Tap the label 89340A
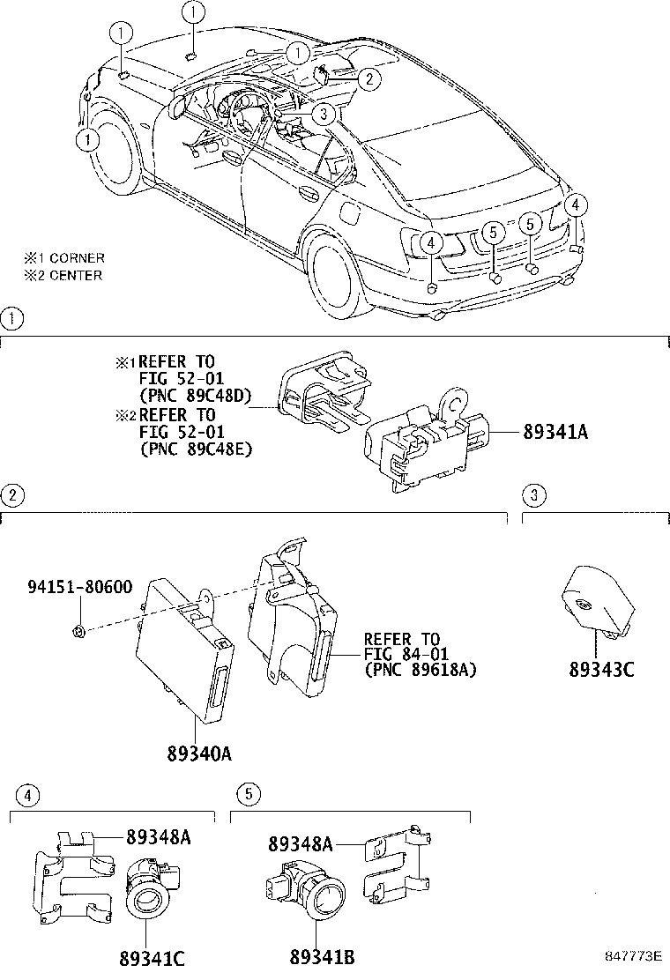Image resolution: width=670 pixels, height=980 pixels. tap(199, 754)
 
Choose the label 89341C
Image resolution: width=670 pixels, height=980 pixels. tap(151, 958)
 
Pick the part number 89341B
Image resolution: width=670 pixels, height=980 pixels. tap(322, 958)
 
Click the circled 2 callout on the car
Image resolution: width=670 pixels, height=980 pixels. tap(369, 78)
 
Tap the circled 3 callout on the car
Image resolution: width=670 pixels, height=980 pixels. tap(324, 113)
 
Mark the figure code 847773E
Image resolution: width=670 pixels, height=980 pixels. tap(632, 956)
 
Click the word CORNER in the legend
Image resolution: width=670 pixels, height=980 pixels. tap(77, 258)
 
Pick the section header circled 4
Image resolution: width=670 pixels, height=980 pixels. tap(28, 795)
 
